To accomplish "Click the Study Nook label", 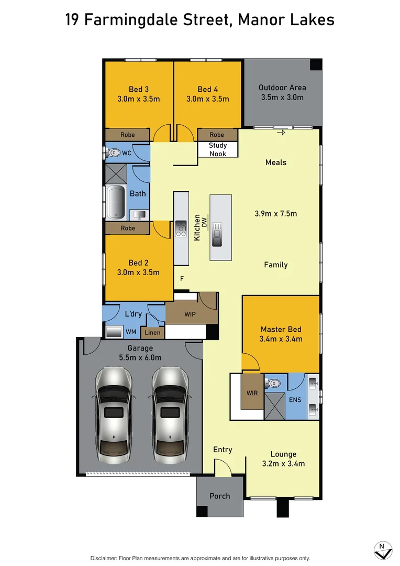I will [x=217, y=149].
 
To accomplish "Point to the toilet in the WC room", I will [x=114, y=154].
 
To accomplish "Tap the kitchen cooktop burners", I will [x=181, y=227].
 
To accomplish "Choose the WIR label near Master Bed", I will [x=252, y=393].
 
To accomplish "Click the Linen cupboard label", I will [x=153, y=332].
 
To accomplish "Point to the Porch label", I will [x=219, y=496].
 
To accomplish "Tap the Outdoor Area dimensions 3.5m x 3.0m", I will [x=282, y=97].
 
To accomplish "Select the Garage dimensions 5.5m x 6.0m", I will [x=140, y=357].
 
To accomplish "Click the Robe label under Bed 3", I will [x=127, y=135].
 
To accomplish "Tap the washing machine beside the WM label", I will [x=114, y=332].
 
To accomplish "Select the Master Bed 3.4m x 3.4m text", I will [x=281, y=339].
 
